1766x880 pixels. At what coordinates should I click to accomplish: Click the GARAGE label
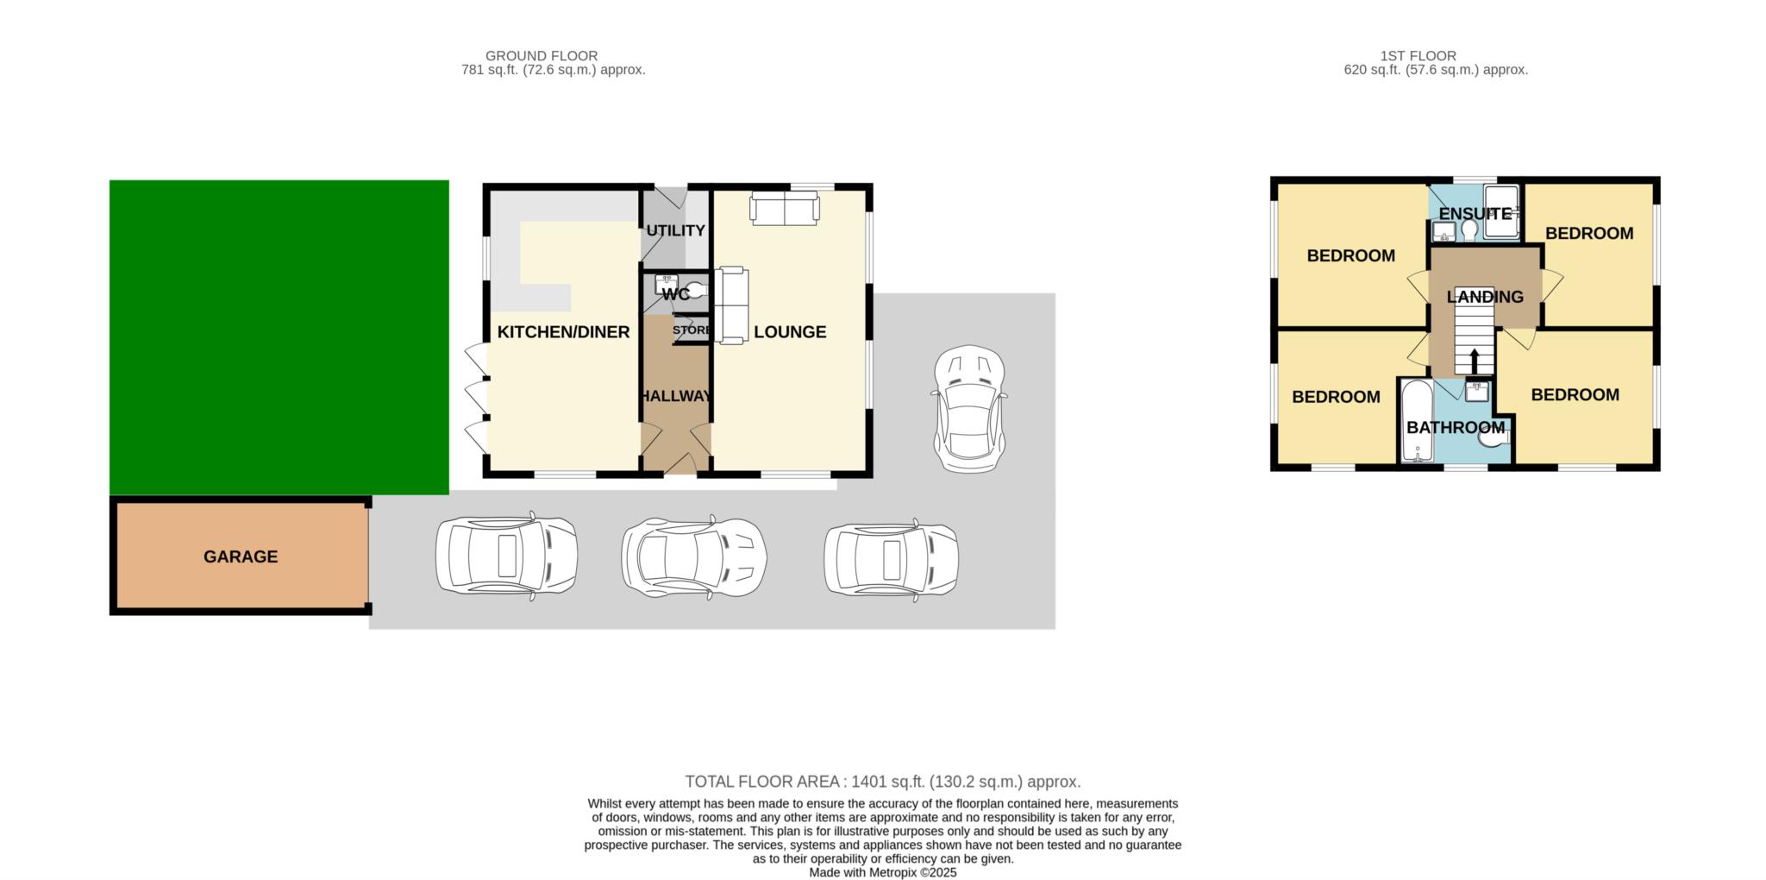coord(241,556)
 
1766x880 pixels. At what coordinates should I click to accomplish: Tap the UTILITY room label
coord(676,230)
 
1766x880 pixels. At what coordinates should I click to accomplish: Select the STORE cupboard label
coord(692,330)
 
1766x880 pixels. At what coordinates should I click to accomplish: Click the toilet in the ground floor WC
coord(697,291)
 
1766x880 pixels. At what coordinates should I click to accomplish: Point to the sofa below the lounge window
coord(784,209)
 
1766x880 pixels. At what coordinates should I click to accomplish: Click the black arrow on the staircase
coord(1474,361)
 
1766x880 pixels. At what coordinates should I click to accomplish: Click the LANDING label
coord(1485,297)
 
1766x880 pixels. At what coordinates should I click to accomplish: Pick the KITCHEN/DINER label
coord(563,332)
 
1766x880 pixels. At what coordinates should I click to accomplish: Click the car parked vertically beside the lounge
coord(970,408)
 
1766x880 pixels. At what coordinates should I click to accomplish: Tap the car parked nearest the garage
coord(506,556)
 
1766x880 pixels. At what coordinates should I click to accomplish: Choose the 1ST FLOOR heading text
coord(1418,56)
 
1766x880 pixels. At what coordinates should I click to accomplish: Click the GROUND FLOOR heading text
coord(542,56)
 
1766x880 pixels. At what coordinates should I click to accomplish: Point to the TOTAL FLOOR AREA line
coord(882,782)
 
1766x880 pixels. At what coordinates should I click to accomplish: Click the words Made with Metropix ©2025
coord(882,872)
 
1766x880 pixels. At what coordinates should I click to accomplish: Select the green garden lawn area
coord(279,336)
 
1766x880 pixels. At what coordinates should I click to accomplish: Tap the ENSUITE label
coord(1475,213)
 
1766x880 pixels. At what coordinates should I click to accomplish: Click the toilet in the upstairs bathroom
coord(1492,439)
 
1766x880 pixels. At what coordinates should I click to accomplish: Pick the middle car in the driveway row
coord(694,556)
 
